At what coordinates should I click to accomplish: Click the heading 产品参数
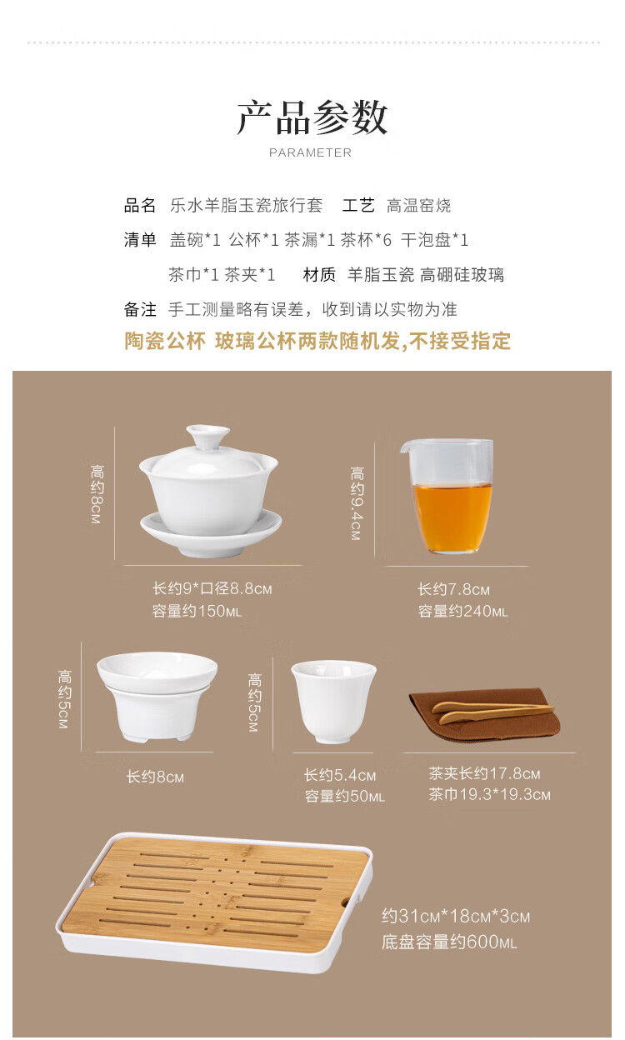coord(312,117)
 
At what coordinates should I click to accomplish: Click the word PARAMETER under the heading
coord(310,152)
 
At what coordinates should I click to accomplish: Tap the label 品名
coord(139,205)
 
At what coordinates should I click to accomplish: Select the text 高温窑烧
coord(418,205)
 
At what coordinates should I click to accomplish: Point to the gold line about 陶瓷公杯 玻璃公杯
coord(317,341)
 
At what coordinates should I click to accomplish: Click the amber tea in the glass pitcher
coord(452,515)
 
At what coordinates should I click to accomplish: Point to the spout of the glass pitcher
coord(406,447)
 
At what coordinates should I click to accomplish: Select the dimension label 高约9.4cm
coord(356,503)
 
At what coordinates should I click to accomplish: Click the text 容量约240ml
coord(462,611)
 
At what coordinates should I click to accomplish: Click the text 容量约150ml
coord(197,611)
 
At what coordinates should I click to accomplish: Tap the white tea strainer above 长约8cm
coord(157,696)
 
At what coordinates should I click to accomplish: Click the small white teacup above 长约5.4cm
coord(333,702)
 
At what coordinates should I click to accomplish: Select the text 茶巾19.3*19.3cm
coord(489,794)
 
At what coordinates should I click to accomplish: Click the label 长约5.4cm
coord(339,774)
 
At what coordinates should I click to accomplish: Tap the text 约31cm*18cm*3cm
coord(456,916)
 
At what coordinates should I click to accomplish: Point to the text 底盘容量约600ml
coord(448,942)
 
